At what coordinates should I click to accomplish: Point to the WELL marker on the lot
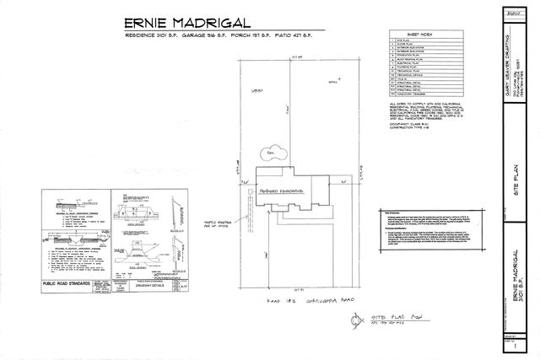click(x=310, y=107)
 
